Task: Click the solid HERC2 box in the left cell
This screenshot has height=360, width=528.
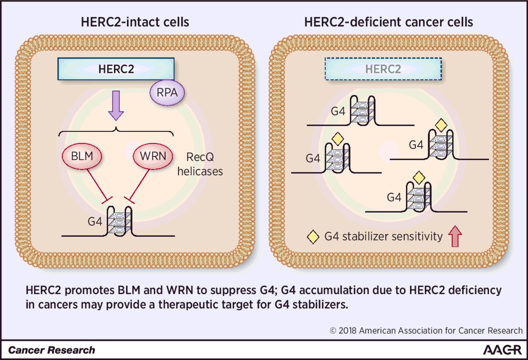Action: (x=116, y=69)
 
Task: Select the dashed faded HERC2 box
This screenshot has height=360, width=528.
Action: (x=383, y=69)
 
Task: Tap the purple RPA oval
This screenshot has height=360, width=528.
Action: (x=167, y=92)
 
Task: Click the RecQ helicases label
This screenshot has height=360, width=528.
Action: (x=200, y=164)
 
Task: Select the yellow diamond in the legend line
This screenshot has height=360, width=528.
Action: (x=313, y=237)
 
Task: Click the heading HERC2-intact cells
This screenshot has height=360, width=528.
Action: (x=135, y=22)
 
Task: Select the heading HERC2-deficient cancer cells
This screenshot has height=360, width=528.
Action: (x=389, y=22)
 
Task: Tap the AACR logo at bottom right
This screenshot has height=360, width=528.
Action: (x=502, y=350)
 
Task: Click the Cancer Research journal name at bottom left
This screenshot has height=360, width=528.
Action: (x=52, y=351)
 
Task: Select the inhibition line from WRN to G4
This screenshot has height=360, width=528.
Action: (x=139, y=184)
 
